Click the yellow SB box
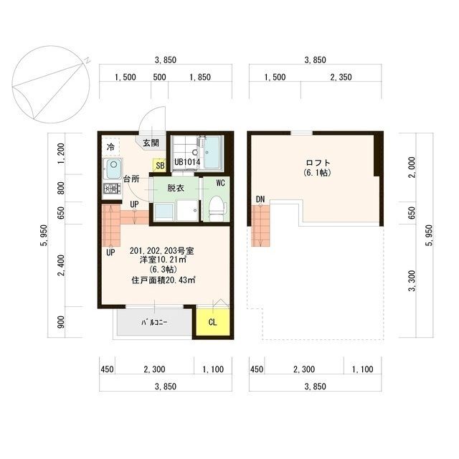tap(159, 165)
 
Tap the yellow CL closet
tap(212, 322)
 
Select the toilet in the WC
tap(217, 209)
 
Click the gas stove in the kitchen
tap(112, 188)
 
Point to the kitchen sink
tap(113, 169)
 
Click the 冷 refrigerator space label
tap(110, 147)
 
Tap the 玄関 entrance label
tap(151, 143)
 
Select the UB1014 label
tap(187, 162)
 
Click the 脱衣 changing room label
tap(176, 188)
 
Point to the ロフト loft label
tap(318, 163)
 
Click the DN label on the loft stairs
tap(260, 199)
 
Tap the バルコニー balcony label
tap(154, 323)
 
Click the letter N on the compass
tap(87, 60)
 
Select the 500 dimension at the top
tap(159, 77)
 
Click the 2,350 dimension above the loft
tap(341, 77)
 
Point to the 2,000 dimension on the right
tap(412, 167)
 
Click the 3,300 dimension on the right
tap(412, 280)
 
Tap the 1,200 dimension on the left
tap(61, 153)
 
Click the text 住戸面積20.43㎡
tap(164, 280)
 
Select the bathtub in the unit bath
tap(212, 153)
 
